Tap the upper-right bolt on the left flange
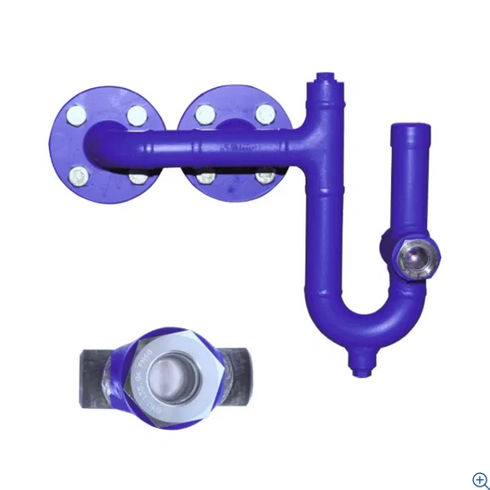[135, 115]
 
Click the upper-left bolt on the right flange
[205, 115]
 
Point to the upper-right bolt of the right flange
[265, 115]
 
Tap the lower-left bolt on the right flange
[205, 177]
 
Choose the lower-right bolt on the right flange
[265, 176]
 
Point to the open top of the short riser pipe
[411, 131]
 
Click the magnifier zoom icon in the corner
[480, 479]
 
